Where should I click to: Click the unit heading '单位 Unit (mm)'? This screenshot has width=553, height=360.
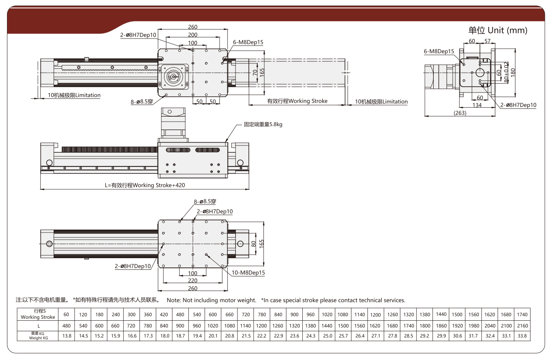pyautogui.click(x=497, y=30)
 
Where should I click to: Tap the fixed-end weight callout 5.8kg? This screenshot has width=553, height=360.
pyautogui.click(x=263, y=124)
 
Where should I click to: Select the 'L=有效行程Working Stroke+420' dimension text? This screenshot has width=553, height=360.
pyautogui.click(x=145, y=185)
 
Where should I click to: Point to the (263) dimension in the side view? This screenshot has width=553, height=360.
pyautogui.click(x=460, y=113)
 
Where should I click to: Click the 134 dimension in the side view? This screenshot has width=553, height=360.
pyautogui.click(x=477, y=105)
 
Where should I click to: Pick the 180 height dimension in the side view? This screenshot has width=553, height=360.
pyautogui.click(x=513, y=72)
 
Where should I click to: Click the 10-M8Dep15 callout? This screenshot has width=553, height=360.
pyautogui.click(x=248, y=273)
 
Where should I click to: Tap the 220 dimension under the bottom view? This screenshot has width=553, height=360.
pyautogui.click(x=193, y=280)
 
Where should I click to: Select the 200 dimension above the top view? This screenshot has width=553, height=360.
pyautogui.click(x=193, y=35)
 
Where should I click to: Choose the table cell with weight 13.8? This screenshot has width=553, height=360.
pyautogui.click(x=67, y=336)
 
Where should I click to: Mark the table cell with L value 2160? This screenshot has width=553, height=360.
pyautogui.click(x=522, y=326)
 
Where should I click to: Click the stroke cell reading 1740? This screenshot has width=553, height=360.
pyautogui.click(x=522, y=315)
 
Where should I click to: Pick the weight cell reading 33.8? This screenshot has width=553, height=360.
pyautogui.click(x=522, y=336)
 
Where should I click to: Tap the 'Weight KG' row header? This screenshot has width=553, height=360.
pyautogui.click(x=38, y=336)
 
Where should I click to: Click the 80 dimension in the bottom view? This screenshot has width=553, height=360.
pyautogui.click(x=253, y=244)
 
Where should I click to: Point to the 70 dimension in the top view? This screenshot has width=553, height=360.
pyautogui.click(x=255, y=73)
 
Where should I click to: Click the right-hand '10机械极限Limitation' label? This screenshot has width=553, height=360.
pyautogui.click(x=381, y=102)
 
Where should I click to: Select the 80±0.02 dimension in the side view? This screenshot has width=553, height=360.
pyautogui.click(x=506, y=72)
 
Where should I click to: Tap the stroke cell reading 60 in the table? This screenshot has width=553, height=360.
pyautogui.click(x=66, y=315)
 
